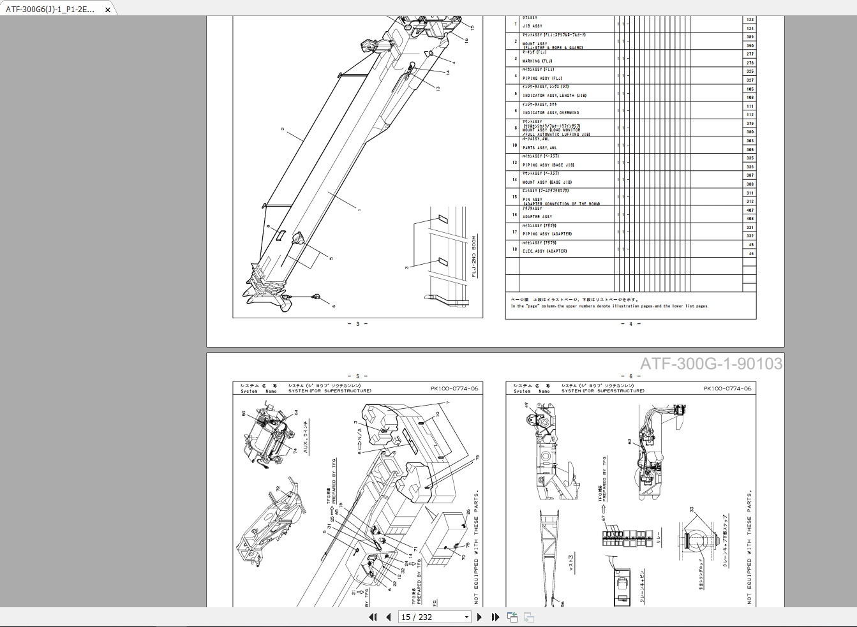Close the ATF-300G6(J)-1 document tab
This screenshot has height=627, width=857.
tap(108, 10)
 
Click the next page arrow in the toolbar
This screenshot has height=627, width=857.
tap(479, 617)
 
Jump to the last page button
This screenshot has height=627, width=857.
tap(495, 617)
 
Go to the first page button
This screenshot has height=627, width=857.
tap(373, 617)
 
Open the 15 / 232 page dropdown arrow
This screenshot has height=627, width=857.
tap(466, 617)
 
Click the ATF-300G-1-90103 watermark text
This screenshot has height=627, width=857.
tap(711, 364)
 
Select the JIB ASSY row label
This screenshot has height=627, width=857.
tap(532, 26)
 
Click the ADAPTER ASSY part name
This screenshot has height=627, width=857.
tap(537, 217)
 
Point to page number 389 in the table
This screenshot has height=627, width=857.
tap(750, 37)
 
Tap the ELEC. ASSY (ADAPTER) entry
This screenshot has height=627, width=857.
tap(544, 251)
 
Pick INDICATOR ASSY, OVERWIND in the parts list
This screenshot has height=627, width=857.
tap(551, 113)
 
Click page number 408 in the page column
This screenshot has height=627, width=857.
tap(750, 219)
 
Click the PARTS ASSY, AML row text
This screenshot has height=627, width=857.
tap(539, 148)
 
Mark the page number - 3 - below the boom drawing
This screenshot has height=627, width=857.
tap(357, 324)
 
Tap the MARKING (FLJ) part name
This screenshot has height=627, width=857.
tap(537, 61)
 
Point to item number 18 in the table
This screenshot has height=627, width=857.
tap(515, 249)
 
